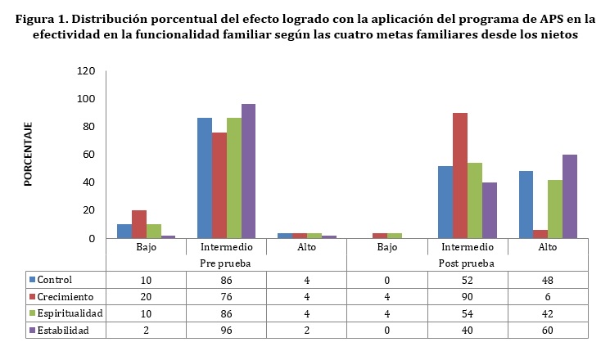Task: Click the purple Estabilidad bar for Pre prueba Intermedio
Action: (x=249, y=171)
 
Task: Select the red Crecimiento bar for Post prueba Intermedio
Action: (x=460, y=175)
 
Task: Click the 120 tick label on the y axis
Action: (x=86, y=71)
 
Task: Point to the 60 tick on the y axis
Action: (x=89, y=155)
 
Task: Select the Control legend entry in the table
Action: (x=61, y=280)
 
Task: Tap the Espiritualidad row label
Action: (x=72, y=313)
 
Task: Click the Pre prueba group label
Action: (x=225, y=263)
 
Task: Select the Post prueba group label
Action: (x=467, y=263)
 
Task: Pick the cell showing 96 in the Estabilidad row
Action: (x=225, y=330)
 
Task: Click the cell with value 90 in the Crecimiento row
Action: (x=467, y=297)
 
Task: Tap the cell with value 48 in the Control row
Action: (x=547, y=280)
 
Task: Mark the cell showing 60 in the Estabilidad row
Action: (x=547, y=330)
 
